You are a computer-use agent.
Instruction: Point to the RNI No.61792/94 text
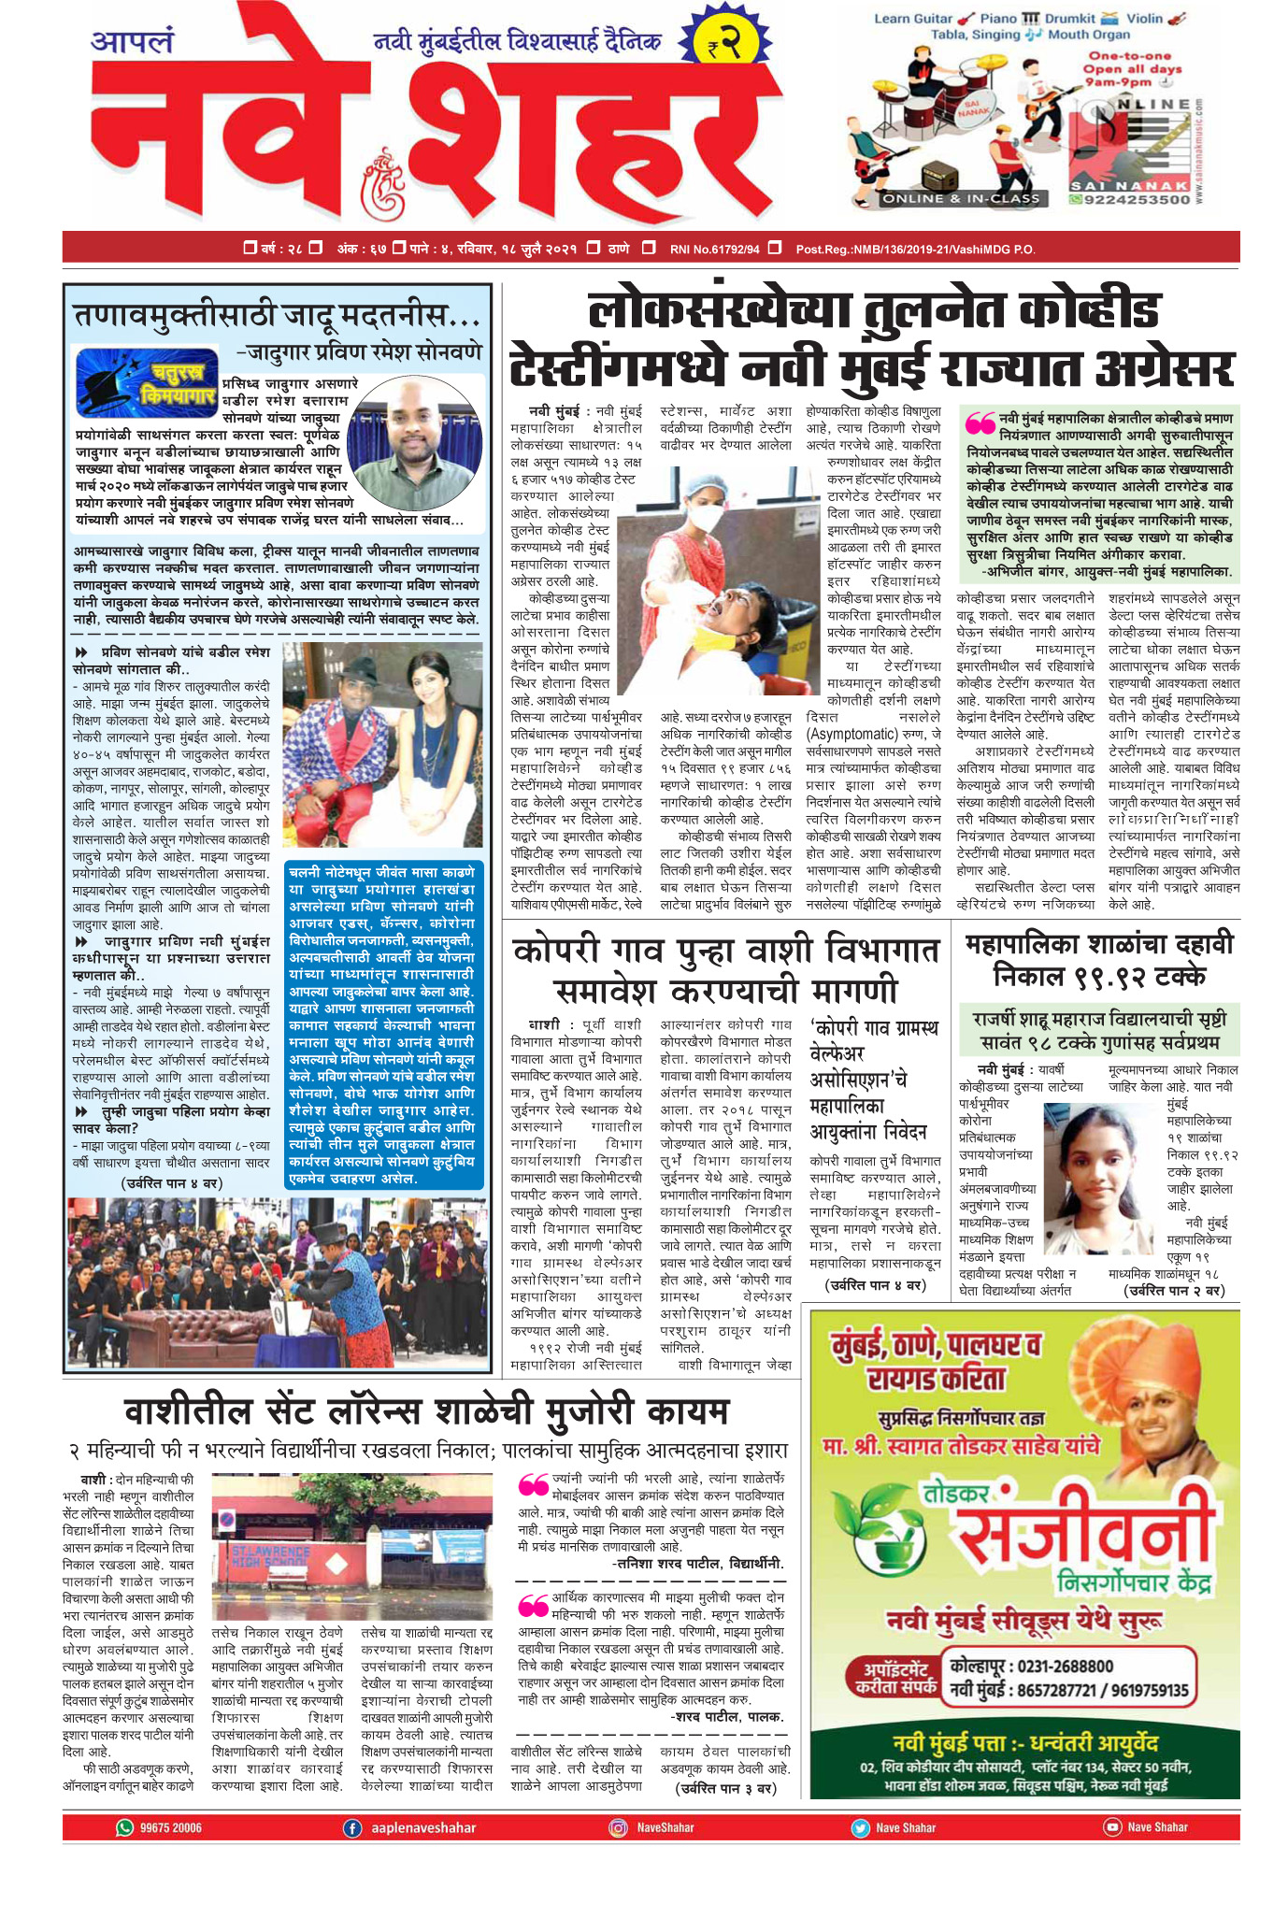click(714, 249)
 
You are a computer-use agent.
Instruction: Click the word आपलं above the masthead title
click(132, 43)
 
